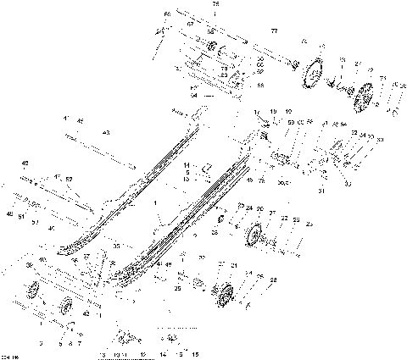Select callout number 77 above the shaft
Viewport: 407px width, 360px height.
[x=274, y=30]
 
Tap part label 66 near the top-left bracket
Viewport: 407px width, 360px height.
[x=167, y=15]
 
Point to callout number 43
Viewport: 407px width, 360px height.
[x=106, y=133]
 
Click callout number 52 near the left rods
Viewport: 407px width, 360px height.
[x=70, y=179]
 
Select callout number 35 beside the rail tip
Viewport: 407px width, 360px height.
[x=116, y=246]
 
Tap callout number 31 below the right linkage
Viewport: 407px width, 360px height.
[x=321, y=191]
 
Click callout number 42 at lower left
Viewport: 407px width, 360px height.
[x=86, y=313]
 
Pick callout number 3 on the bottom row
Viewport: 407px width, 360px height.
[x=40, y=344]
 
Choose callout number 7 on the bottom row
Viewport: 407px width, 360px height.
[x=80, y=344]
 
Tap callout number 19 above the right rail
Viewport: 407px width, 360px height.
[x=273, y=112]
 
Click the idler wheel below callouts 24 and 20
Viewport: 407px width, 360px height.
[x=255, y=235]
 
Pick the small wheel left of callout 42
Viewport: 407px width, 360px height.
[x=66, y=307]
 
